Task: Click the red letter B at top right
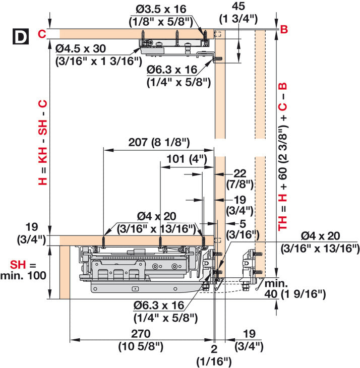pyautogui.click(x=283, y=29)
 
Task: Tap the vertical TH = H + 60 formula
pyautogui.click(x=283, y=156)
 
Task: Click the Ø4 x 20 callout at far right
pyautogui.click(x=320, y=242)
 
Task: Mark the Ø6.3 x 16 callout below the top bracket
pyautogui.click(x=178, y=75)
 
